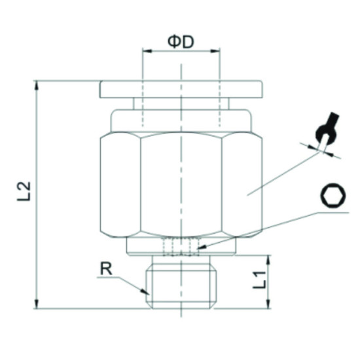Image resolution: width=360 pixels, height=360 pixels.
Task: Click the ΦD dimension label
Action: click(x=181, y=41)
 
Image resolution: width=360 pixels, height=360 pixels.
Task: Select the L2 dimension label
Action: click(x=24, y=190)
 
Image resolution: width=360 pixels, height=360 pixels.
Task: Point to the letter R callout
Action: click(x=106, y=268)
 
